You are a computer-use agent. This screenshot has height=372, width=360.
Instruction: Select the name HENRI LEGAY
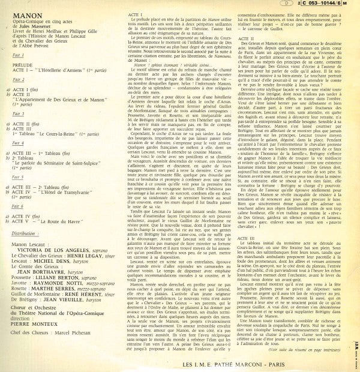[94, 258]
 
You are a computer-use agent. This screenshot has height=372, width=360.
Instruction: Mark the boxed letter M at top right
[352, 5]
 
